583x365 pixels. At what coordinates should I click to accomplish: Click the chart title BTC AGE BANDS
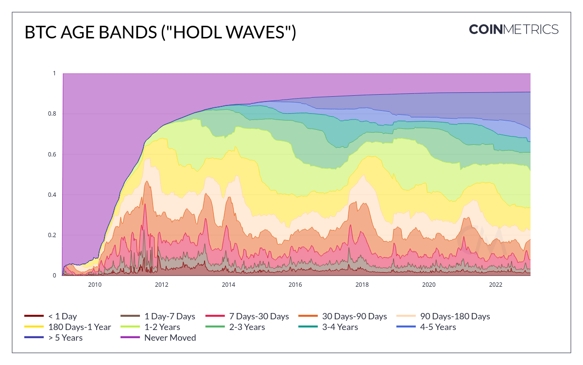point(160,33)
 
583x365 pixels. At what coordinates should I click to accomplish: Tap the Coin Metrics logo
point(514,29)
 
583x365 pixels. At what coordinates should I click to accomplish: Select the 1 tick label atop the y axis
point(54,73)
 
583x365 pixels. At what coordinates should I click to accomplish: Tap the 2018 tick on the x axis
point(361,284)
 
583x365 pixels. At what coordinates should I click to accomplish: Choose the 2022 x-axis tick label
point(495,284)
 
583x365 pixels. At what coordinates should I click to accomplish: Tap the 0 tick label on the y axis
point(54,276)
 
